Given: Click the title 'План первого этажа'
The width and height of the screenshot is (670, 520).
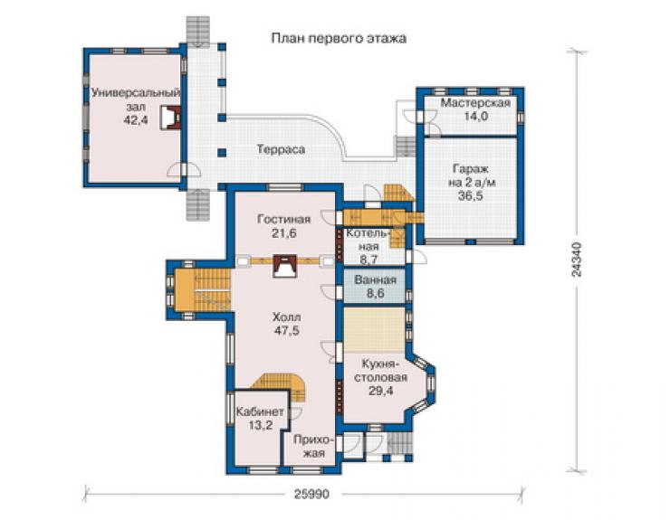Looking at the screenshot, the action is coord(339,38).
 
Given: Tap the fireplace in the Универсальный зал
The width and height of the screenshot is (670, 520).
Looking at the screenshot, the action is coord(170,117).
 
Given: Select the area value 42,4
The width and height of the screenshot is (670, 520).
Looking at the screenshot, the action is coord(136,120).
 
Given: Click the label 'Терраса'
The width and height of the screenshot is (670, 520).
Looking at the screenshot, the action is coord(281,149).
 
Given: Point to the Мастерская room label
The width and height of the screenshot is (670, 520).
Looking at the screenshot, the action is coord(475,103).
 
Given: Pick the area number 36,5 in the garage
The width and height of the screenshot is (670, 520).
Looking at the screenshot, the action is coord(470,196).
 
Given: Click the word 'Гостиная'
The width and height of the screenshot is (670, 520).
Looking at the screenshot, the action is coord(283,220).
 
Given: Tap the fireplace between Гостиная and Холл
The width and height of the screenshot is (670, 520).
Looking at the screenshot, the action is coord(284,266).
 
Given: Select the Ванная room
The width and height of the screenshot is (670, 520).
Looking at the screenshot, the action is coord(375,286).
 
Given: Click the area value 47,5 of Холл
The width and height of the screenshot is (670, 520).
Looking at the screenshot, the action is coord(286,330).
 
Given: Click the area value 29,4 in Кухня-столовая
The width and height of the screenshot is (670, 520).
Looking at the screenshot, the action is coord(381,391).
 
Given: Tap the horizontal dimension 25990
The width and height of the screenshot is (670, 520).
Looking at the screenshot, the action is coord(312,494).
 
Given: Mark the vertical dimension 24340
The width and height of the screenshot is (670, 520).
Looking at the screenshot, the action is coord(578,260).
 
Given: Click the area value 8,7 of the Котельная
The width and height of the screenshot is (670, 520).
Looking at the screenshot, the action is coord(368,259).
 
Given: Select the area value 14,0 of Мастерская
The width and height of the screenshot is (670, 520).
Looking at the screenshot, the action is coord(476,116).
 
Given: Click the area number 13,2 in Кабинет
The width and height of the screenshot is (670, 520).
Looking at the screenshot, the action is coord(260,425).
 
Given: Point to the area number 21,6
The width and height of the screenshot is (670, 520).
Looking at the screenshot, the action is coord(283,233).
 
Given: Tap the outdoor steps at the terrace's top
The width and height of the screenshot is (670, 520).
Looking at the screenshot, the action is coord(198,31).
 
